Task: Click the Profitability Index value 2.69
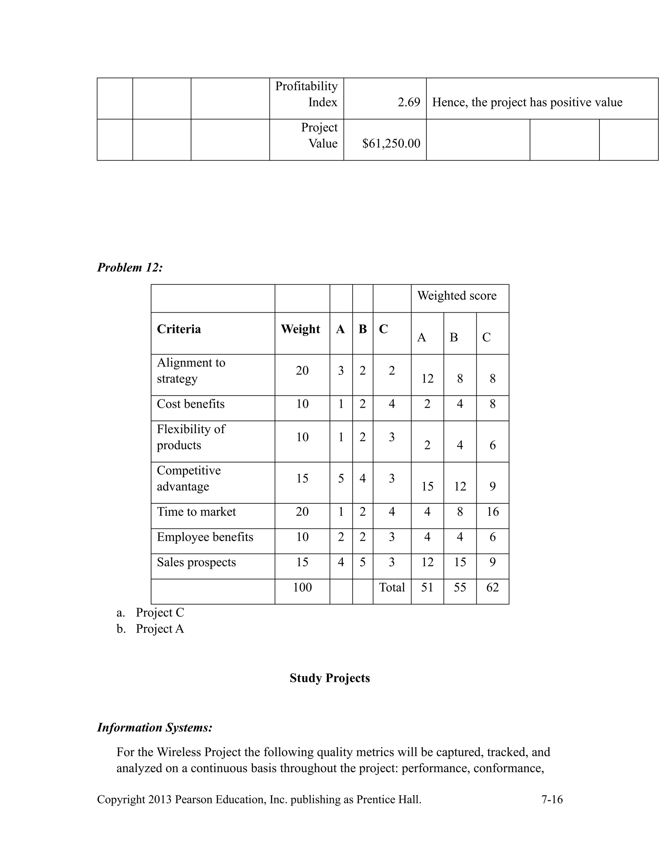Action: point(409,102)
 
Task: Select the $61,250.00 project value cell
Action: point(391,143)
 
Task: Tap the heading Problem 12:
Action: point(130,267)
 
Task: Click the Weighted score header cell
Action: point(457,295)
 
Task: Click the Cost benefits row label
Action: point(191,403)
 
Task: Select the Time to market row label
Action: point(196,511)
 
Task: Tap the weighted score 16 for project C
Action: point(492,511)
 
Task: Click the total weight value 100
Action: point(302,587)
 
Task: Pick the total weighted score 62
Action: point(492,587)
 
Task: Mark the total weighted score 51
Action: point(427,587)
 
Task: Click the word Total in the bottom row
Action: point(392,587)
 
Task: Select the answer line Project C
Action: point(160,612)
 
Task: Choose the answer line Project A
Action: point(160,629)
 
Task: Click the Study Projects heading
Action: point(330,678)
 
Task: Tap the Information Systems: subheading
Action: point(155,727)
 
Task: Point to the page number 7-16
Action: point(552,799)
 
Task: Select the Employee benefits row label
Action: point(205,537)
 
